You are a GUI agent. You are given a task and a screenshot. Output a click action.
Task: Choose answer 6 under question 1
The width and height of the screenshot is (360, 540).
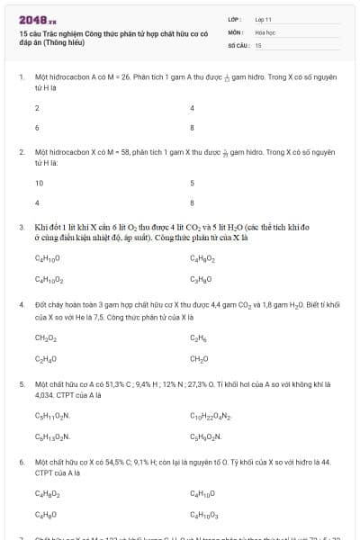pos(37,127)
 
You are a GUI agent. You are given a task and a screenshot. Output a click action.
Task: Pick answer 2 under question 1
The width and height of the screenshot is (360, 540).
pos(37,107)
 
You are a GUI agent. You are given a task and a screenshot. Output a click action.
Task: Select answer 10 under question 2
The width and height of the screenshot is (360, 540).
pos(39,183)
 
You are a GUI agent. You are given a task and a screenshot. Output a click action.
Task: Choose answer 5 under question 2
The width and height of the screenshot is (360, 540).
pos(193,183)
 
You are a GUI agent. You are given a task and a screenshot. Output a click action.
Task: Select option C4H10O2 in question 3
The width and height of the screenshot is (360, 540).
pos(48,279)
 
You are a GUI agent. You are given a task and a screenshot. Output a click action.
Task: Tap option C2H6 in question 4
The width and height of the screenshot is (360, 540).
pos(199,337)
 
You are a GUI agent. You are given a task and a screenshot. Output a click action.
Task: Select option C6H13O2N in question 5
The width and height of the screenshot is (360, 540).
pos(52,436)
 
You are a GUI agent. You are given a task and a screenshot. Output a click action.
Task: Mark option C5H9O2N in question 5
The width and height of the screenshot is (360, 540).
pos(206,436)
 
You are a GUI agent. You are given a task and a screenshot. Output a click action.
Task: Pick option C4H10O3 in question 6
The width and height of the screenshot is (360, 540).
pos(203,514)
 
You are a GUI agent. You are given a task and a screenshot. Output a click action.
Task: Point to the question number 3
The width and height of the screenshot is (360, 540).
pos(21,229)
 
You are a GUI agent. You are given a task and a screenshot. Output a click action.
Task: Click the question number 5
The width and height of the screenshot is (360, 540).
pos(21,383)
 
